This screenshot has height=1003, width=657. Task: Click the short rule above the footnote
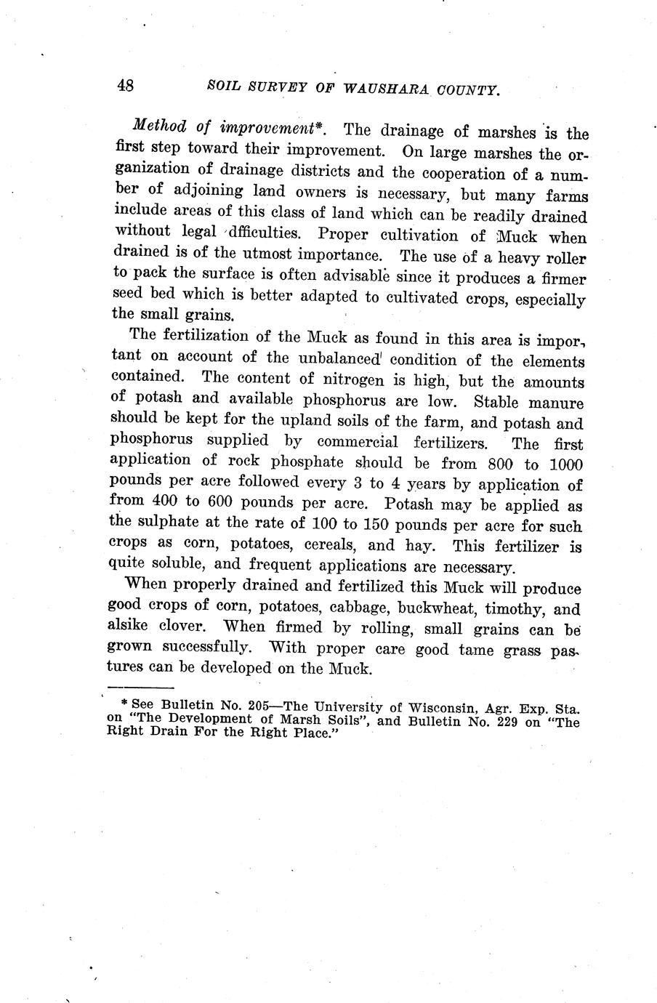(140, 688)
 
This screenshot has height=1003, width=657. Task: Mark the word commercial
(358, 442)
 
